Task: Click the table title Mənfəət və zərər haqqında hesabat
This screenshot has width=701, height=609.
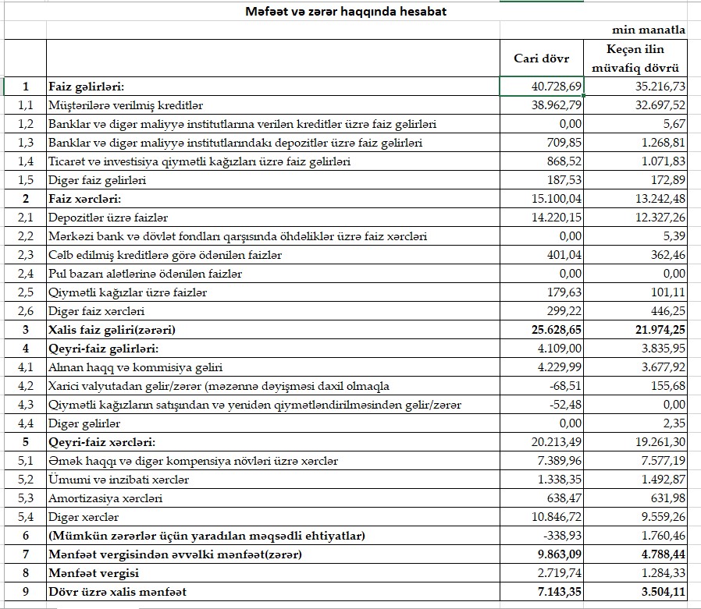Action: [x=346, y=12]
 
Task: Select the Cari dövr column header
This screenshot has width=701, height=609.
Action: [x=541, y=58]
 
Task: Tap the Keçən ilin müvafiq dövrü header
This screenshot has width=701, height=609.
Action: [x=635, y=58]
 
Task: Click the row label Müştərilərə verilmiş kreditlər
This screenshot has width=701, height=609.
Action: [x=126, y=105]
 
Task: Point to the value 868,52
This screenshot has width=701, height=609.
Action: [x=560, y=161]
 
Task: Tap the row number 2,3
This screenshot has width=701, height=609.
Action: [x=26, y=255]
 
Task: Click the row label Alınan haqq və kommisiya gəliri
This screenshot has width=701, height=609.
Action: [x=135, y=367]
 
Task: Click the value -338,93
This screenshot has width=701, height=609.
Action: [x=562, y=536]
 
